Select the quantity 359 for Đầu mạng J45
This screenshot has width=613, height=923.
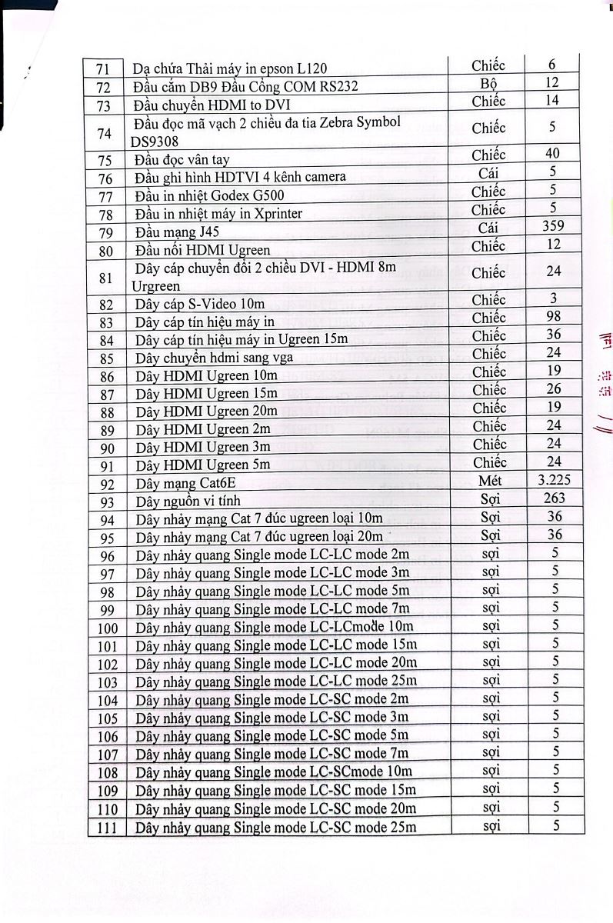[552, 226]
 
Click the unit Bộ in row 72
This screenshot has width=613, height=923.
[488, 83]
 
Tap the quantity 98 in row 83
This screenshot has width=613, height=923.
[552, 316]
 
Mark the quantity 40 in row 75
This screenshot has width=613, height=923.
[552, 153]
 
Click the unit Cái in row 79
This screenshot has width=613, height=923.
[488, 227]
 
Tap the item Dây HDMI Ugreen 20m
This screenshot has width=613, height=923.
[206, 412]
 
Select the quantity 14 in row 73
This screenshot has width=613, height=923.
[552, 100]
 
